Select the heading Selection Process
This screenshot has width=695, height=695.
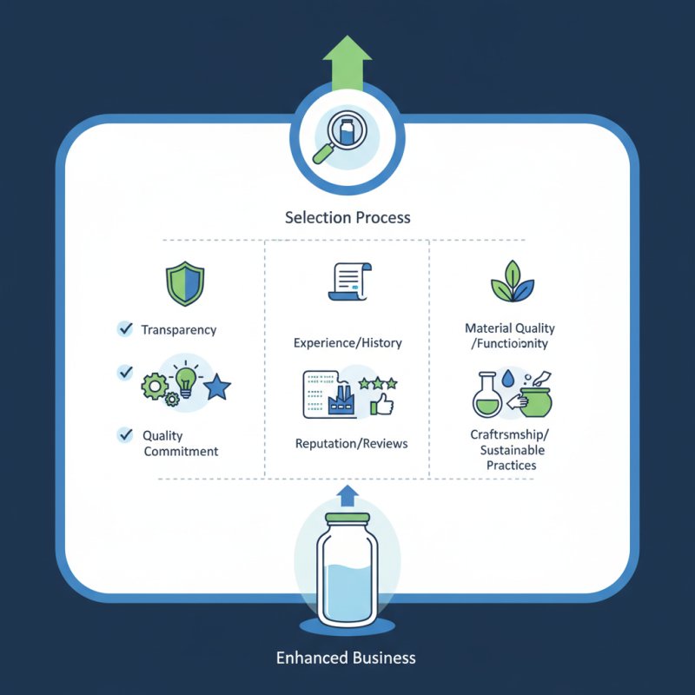click(347, 216)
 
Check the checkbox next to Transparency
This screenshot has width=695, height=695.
click(124, 328)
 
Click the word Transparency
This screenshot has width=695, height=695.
click(179, 330)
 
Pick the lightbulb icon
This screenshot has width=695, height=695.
click(186, 380)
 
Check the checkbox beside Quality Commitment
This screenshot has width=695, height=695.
click(124, 434)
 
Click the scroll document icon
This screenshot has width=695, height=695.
click(348, 282)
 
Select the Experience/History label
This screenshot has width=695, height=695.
click(347, 342)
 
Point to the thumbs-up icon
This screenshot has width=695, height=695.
click(382, 403)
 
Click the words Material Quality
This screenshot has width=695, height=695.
click(510, 328)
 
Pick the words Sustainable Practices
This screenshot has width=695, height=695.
click(512, 458)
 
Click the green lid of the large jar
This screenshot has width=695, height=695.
click(347, 520)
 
